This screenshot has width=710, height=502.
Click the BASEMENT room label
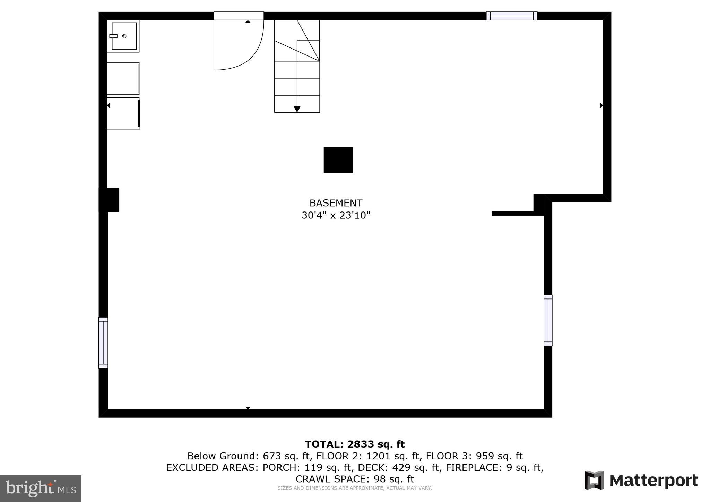click(336, 203)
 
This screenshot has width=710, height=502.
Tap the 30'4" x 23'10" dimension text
click(336, 215)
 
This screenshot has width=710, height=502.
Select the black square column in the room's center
click(338, 160)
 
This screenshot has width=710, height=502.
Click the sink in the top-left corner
click(123, 36)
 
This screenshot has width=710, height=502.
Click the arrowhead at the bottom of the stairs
click(297, 109)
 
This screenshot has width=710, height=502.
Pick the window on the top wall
click(511, 16)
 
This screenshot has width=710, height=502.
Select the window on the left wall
click(103, 343)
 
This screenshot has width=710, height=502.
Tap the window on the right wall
click(548, 320)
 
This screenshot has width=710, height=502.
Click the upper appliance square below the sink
click(123, 78)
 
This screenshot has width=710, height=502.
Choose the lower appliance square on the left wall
click(123, 114)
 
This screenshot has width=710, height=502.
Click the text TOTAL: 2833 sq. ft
click(355, 444)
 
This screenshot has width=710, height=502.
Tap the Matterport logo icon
click(594, 480)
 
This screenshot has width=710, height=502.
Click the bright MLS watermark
click(41, 488)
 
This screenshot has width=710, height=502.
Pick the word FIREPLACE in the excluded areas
click(473, 467)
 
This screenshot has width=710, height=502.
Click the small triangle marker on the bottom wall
click(248, 408)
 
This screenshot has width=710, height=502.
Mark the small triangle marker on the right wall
click(601, 105)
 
